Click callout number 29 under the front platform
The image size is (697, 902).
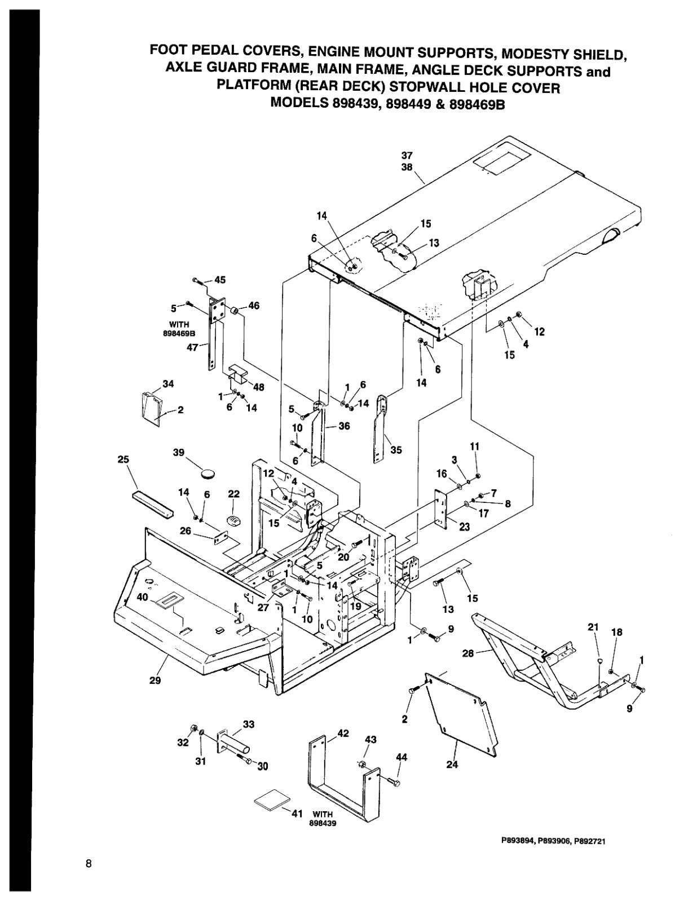(x=155, y=680)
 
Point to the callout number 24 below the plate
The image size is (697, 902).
(x=452, y=764)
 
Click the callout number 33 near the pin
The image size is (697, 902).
(x=249, y=724)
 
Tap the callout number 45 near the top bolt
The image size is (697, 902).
(x=220, y=280)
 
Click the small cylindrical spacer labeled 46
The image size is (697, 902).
(x=232, y=311)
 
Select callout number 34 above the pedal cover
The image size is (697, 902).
(x=168, y=384)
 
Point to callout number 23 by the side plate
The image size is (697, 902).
(x=464, y=527)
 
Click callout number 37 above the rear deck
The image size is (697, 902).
(x=407, y=155)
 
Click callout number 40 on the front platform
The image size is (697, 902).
(x=142, y=597)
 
